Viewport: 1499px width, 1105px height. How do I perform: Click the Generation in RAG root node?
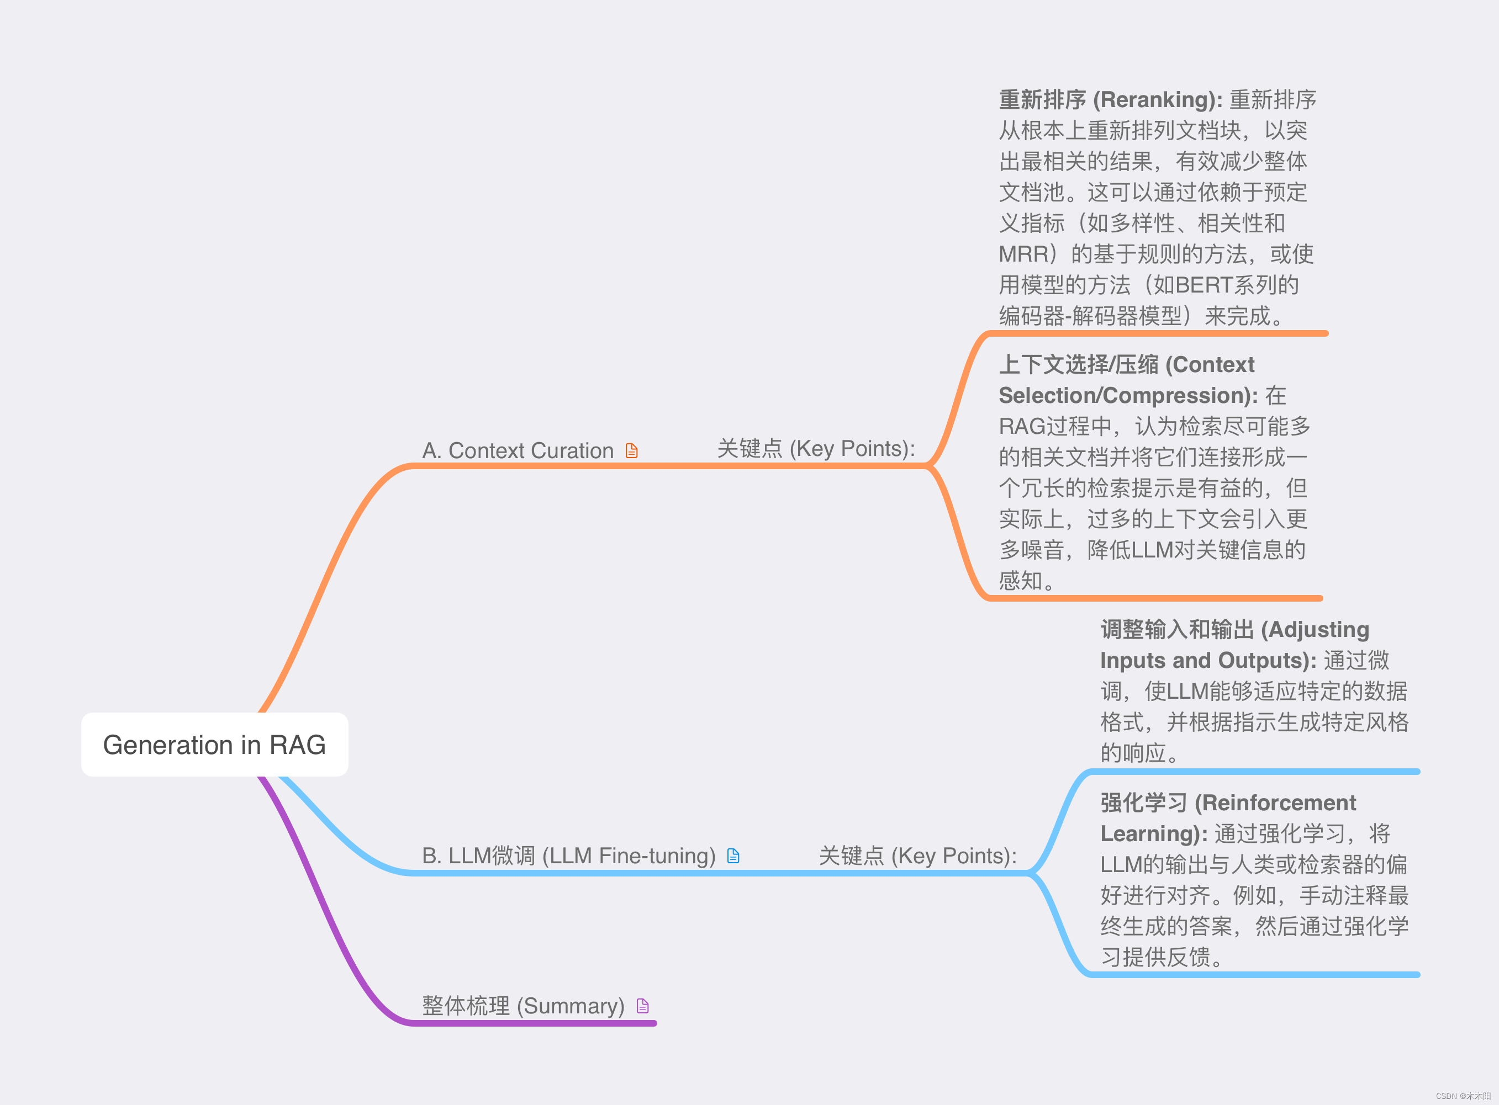pos(214,745)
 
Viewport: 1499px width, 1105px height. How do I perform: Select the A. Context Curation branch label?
pos(518,451)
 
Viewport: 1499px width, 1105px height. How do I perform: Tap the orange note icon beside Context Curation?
pos(631,451)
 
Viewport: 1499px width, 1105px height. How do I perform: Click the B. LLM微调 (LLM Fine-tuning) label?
pos(568,856)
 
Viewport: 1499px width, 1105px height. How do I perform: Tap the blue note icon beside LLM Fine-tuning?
pos(733,856)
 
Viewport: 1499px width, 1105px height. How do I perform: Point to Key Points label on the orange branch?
pos(816,449)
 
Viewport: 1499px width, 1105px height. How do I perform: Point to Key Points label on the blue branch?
pos(917,856)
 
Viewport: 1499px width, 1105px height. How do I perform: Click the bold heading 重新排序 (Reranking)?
pos(1110,100)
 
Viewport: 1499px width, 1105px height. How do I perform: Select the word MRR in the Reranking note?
pos(1022,254)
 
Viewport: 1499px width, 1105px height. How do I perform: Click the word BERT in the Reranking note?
pos(1203,285)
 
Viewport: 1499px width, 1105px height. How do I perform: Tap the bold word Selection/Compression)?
pos(1128,396)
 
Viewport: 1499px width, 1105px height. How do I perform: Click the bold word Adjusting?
pos(1318,629)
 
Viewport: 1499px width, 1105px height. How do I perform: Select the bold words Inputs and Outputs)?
pos(1208,660)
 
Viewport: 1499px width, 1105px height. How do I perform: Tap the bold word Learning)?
pos(1154,833)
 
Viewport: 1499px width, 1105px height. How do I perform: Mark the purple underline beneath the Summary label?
pos(535,1023)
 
